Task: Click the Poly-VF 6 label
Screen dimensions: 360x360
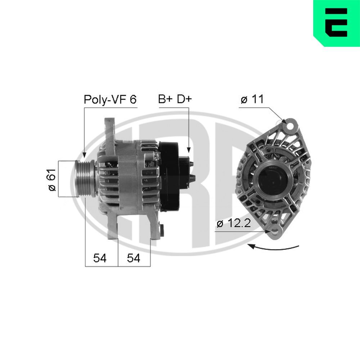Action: [x=110, y=99]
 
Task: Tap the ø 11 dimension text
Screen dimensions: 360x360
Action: [x=252, y=100]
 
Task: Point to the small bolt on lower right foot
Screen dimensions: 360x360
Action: [x=162, y=229]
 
